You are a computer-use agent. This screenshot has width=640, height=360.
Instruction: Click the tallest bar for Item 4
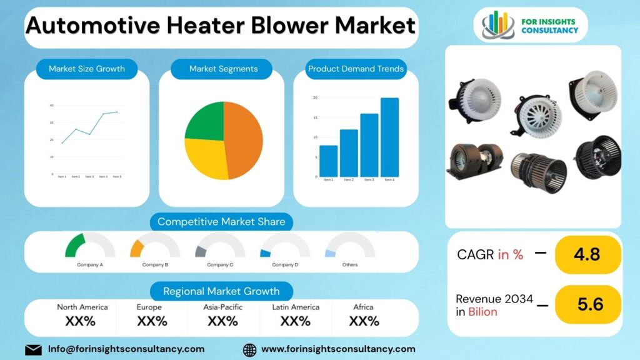coord(389,137)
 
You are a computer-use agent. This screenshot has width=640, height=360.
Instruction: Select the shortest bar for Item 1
coord(328,161)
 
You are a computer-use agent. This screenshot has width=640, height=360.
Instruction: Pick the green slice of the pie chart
coord(205,121)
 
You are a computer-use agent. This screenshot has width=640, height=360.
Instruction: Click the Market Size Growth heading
coord(87,69)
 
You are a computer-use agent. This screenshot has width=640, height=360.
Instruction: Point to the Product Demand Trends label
coord(356,69)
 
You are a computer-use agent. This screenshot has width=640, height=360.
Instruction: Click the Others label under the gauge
coord(350,265)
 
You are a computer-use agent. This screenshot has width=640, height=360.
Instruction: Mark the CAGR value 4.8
coord(587,254)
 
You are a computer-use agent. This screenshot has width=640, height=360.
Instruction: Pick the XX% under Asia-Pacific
coord(222,321)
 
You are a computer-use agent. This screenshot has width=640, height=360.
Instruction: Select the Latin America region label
coord(296,307)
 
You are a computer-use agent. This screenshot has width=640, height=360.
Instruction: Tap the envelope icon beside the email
coord(33,349)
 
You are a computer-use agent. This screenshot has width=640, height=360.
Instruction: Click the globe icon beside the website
coord(249,349)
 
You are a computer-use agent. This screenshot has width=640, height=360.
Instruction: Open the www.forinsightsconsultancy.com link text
coord(338,349)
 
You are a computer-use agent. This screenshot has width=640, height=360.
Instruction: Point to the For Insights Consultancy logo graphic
coord(497,24)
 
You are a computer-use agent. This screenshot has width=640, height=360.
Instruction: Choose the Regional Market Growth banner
coord(221,291)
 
